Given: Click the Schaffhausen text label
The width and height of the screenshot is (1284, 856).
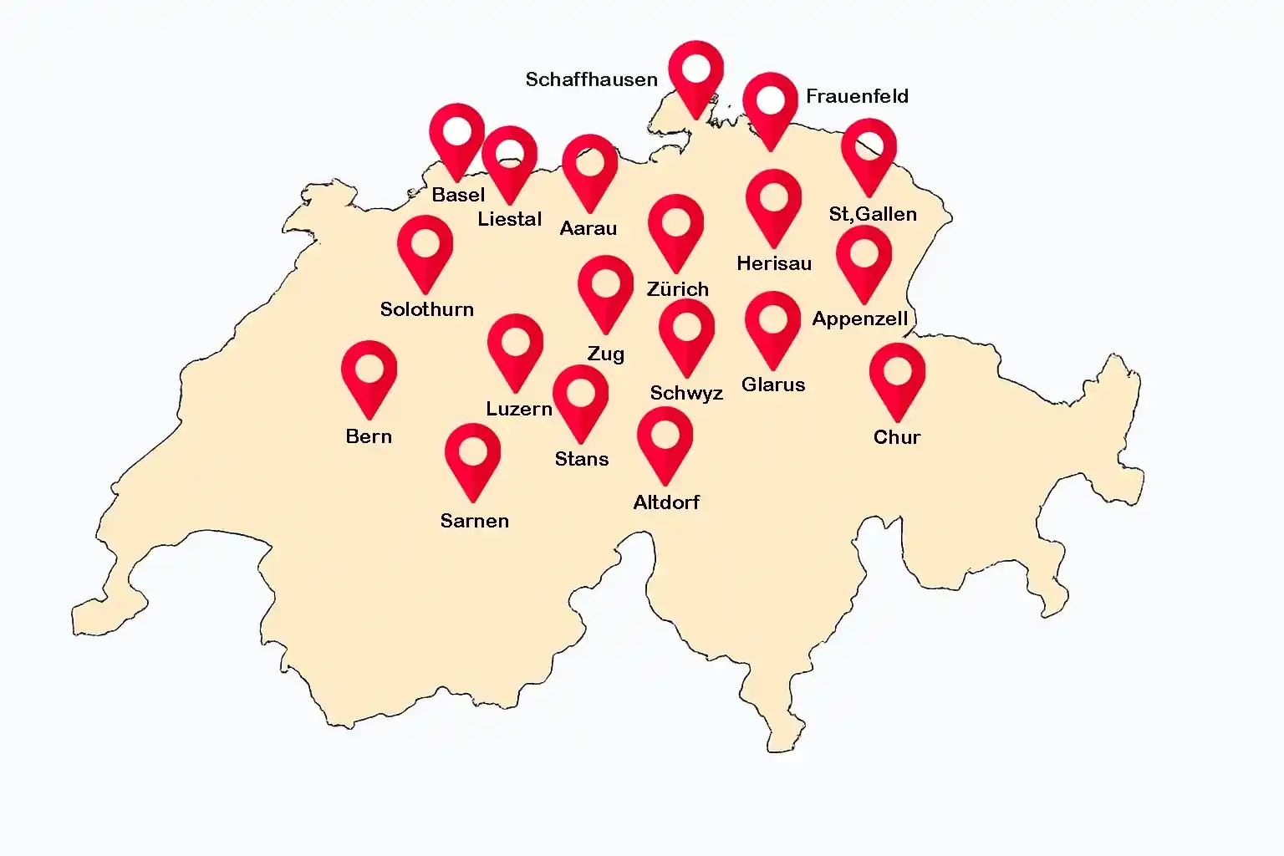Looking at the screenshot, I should [591, 79].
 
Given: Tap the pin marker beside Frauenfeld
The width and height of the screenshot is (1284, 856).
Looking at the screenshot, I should [770, 104].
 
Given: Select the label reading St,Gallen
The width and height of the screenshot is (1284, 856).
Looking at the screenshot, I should [872, 214].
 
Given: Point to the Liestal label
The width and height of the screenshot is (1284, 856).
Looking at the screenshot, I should [509, 219].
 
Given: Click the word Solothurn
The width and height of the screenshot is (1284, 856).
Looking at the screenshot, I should [426, 309].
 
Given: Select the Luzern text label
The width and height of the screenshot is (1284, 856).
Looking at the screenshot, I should [518, 409].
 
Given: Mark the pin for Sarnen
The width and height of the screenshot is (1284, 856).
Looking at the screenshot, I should [472, 455].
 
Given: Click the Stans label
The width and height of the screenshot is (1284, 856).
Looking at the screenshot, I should [581, 459].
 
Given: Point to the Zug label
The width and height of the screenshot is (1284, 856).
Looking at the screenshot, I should [605, 354].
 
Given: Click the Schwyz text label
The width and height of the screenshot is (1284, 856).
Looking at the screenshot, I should [685, 393].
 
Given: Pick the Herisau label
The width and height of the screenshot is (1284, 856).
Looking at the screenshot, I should [773, 263].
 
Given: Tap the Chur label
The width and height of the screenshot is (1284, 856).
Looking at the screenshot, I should [896, 437].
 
